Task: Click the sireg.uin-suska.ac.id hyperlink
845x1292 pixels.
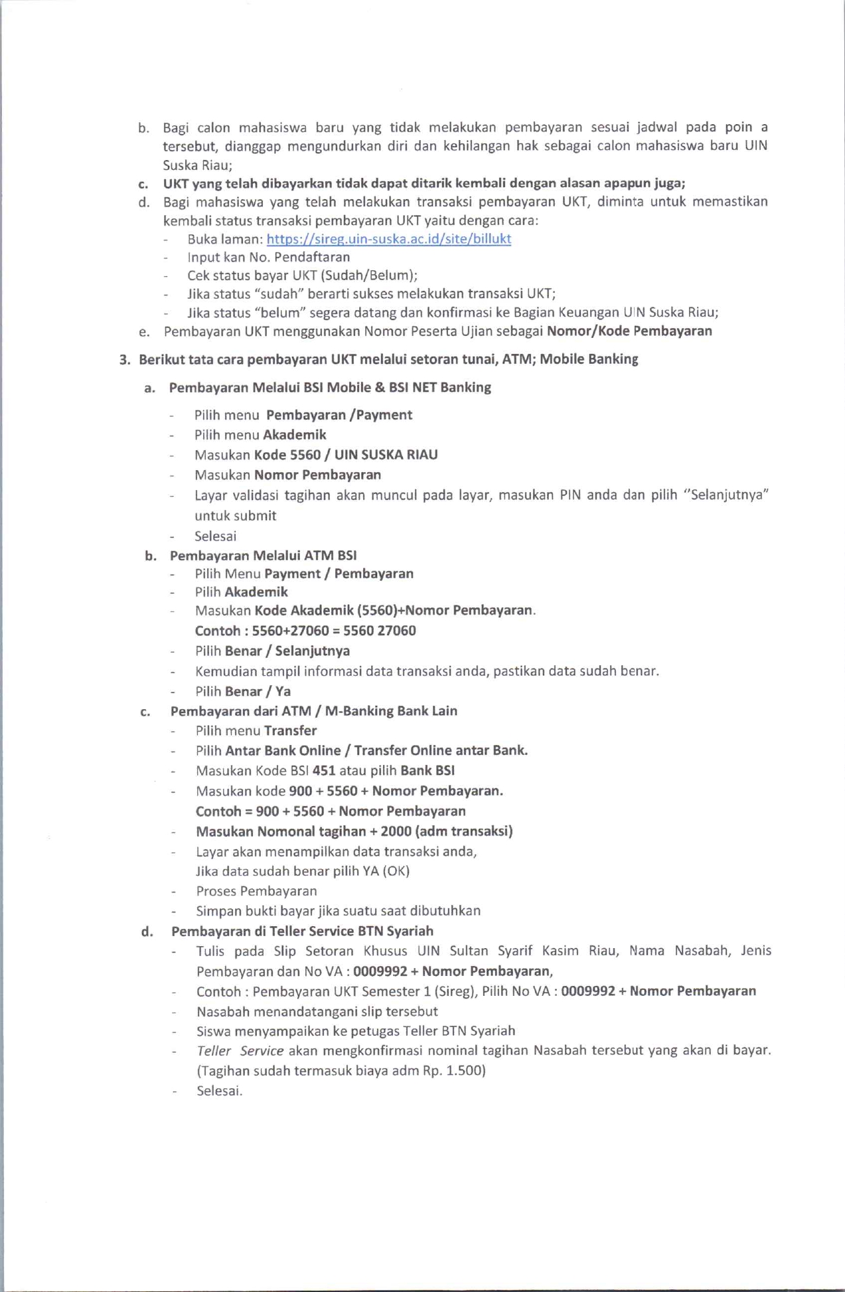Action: point(388,239)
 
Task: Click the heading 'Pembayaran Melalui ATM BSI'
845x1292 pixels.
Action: point(263,556)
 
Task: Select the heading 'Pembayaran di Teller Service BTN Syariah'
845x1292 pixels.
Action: point(302,931)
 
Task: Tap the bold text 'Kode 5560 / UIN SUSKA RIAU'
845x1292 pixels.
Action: point(346,455)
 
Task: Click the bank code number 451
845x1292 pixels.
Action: point(324,771)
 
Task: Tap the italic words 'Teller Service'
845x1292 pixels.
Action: point(240,1051)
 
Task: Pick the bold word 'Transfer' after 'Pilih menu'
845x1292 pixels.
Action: point(290,731)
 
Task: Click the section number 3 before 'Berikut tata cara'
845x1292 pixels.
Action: point(123,360)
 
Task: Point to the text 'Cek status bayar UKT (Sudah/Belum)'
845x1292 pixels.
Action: point(302,276)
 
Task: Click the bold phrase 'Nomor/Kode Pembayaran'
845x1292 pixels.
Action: point(629,331)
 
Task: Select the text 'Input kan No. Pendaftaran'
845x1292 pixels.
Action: point(268,257)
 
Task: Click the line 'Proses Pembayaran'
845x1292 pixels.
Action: point(256,891)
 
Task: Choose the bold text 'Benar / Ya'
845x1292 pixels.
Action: point(258,691)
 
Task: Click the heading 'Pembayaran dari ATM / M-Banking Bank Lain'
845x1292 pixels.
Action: point(313,711)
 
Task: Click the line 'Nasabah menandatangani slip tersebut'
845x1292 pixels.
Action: point(317,1012)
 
